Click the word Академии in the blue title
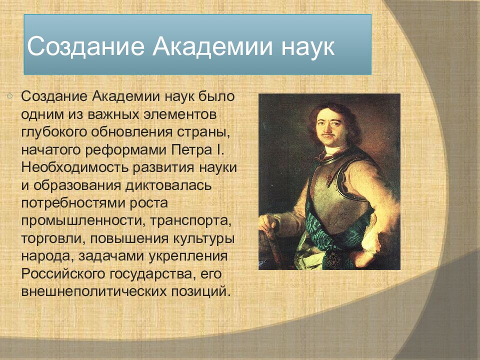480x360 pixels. (212, 46)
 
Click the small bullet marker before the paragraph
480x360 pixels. (9, 96)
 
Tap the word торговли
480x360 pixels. (53, 239)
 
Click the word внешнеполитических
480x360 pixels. (93, 291)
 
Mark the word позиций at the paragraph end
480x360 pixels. (200, 291)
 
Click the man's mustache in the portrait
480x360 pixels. (328, 134)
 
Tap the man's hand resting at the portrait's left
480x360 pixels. (268, 222)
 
